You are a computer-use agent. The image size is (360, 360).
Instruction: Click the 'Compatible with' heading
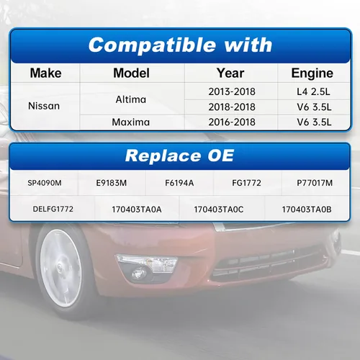[180, 45]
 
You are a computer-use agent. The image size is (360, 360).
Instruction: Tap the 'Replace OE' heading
[179, 156]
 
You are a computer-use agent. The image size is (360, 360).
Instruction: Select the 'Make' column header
[45, 73]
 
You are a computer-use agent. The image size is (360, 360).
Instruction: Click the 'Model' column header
[131, 73]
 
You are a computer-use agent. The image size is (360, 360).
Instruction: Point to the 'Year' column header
[230, 73]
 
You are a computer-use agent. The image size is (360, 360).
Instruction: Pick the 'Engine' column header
[312, 73]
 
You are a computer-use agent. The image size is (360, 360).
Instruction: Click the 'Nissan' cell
[44, 106]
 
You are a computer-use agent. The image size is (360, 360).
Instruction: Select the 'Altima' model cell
[131, 99]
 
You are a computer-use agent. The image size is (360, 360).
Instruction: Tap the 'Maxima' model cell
[131, 122]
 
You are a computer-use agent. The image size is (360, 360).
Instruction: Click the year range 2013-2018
[232, 91]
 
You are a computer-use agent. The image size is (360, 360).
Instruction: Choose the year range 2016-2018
[232, 122]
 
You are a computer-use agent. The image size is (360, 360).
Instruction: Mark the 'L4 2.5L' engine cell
[313, 91]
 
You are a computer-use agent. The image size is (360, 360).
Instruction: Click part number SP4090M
[45, 183]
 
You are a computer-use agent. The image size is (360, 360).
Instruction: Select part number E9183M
[112, 183]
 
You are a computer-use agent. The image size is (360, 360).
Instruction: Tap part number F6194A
[179, 183]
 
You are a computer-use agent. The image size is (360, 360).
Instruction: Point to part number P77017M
[315, 183]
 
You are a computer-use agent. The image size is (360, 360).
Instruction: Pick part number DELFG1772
[53, 209]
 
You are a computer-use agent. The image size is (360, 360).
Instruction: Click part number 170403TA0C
[219, 210]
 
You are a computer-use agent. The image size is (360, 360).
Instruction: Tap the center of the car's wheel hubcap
[60, 268]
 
